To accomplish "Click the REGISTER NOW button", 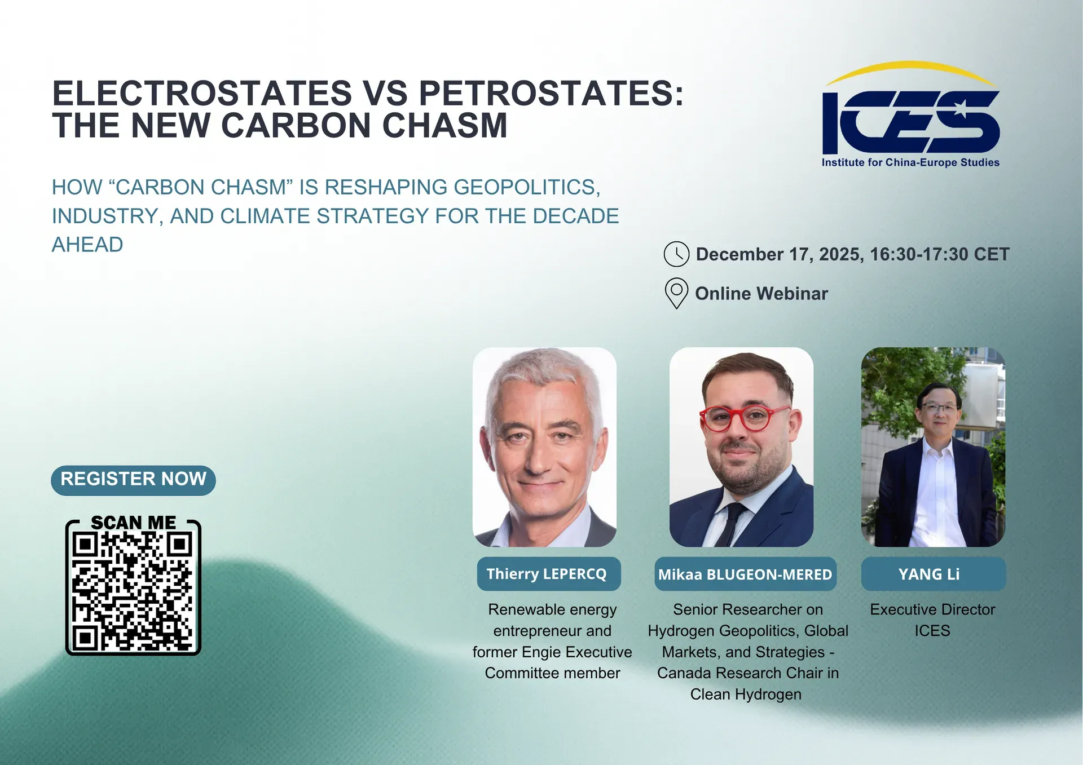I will (133, 480).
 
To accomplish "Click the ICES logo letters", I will (910, 122).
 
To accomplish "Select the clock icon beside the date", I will (676, 254).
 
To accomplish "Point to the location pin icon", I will (676, 292).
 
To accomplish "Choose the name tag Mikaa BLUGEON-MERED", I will (745, 574).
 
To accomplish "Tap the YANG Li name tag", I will (932, 574).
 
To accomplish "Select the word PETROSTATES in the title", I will (550, 93).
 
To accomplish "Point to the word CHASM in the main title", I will (444, 125).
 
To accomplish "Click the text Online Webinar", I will (761, 294).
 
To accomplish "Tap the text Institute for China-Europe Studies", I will (910, 162).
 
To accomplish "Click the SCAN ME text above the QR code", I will (133, 523).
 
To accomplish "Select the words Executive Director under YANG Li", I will (932, 609).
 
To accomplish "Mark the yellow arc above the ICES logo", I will (910, 68).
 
